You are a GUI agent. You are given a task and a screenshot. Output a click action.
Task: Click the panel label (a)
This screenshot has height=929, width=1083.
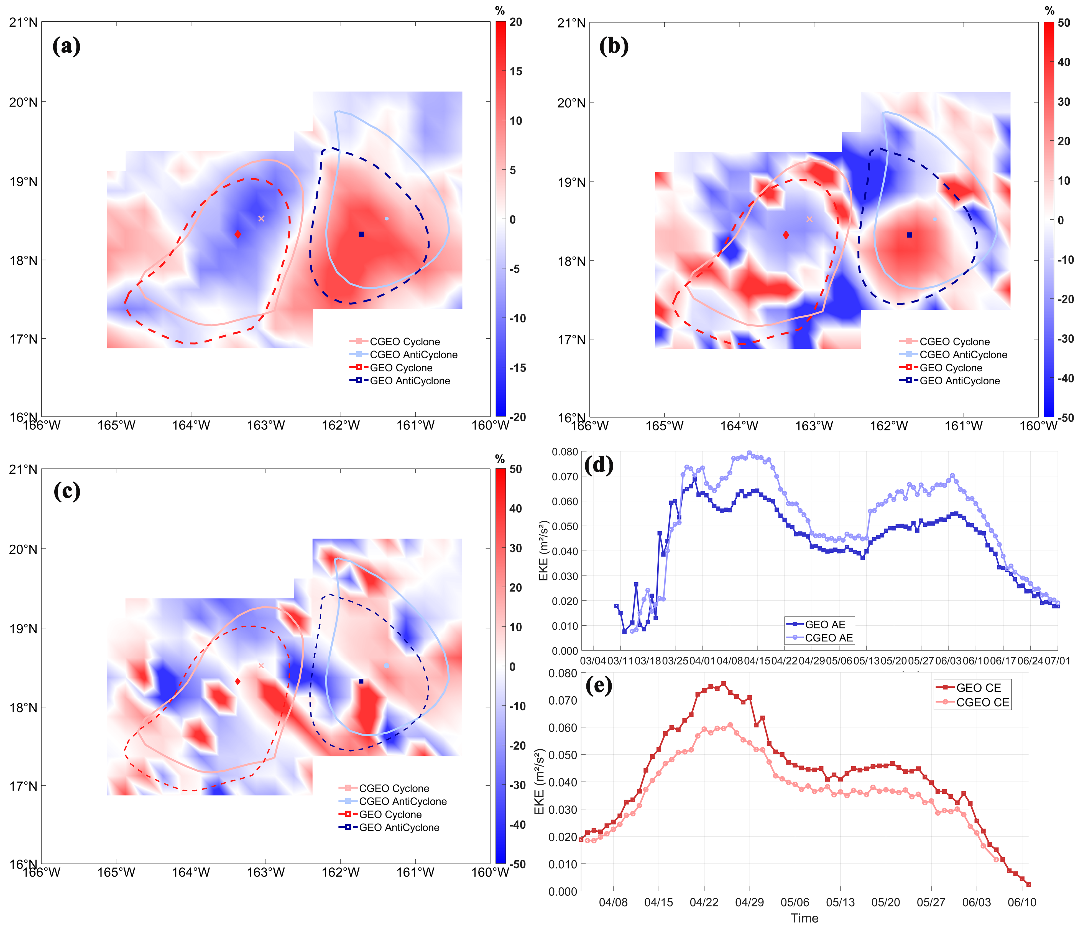(x=67, y=46)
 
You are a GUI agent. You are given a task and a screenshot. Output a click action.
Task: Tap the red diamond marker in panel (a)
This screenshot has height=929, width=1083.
(x=238, y=234)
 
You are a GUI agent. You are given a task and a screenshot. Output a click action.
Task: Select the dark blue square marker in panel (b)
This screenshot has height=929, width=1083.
(x=910, y=235)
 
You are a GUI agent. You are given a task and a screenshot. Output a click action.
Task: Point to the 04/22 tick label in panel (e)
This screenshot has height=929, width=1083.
(x=704, y=902)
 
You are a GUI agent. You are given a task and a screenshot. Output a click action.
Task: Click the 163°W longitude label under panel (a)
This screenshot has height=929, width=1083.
(x=265, y=425)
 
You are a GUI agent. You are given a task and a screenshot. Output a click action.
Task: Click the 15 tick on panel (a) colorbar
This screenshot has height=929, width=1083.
(x=516, y=71)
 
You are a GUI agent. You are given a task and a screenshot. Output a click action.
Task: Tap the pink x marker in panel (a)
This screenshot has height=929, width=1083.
(x=261, y=219)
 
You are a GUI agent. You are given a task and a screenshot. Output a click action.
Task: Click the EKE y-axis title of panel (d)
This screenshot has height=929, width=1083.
(x=544, y=551)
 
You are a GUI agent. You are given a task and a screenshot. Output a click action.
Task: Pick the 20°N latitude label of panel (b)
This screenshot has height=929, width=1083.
(x=571, y=103)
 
